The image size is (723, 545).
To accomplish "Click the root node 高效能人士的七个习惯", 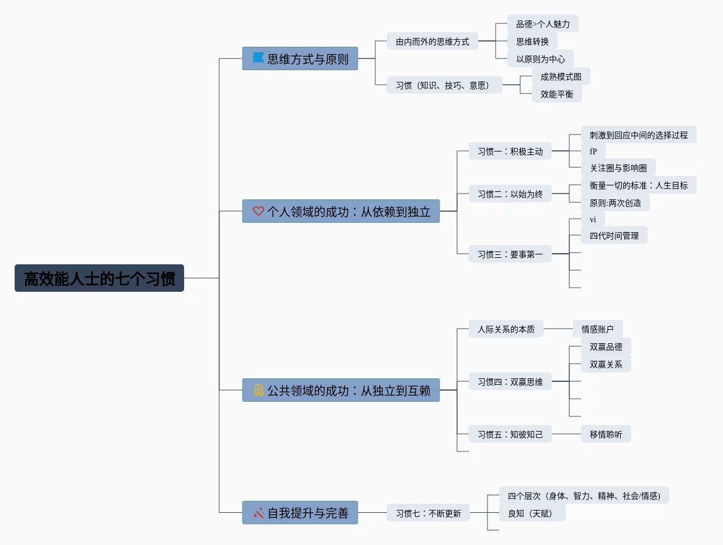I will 99,278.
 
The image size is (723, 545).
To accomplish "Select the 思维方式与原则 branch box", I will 300,58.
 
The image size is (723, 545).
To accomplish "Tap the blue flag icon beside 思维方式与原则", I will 258,58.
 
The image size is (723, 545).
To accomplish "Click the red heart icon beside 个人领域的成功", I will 258,211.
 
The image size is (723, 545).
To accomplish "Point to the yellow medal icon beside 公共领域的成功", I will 258,390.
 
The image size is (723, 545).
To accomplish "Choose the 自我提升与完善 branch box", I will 300,513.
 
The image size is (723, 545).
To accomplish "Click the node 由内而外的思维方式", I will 433,42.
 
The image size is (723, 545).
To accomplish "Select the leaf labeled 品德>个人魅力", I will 542,24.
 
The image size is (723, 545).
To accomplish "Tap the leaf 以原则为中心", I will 540,59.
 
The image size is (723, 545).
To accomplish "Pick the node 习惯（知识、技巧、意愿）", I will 444,85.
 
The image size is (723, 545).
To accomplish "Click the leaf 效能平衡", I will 556,94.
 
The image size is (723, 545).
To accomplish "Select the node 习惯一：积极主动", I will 510,151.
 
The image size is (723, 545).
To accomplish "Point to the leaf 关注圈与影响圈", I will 618,168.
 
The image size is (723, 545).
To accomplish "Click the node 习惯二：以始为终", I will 510,194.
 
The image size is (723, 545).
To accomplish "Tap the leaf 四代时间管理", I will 614,236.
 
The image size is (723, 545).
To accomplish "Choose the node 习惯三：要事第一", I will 510,254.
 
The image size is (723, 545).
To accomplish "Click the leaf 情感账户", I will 597,329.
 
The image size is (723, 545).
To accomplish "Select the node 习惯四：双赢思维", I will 510,382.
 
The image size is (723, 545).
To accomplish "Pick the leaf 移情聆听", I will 606,434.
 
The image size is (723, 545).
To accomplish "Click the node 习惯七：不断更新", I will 428,513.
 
